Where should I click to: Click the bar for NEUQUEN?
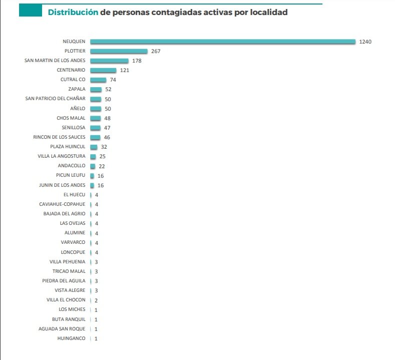(223, 42)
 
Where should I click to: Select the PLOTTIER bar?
(119, 51)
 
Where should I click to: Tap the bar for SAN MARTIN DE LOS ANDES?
(109, 61)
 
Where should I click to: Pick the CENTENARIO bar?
(103, 70)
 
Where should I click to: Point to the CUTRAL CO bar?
(98, 80)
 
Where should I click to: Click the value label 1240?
(365, 42)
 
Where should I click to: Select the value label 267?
(155, 51)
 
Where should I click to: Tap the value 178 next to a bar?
(137, 61)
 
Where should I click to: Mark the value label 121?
(124, 70)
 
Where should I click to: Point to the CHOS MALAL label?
(71, 118)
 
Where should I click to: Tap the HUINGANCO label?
(72, 338)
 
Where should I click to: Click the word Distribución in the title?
(73, 12)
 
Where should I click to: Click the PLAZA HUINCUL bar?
(94, 147)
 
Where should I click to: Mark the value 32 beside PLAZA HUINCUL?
(104, 147)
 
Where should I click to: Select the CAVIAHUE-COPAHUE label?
(62, 204)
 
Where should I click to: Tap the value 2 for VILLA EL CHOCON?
(96, 300)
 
